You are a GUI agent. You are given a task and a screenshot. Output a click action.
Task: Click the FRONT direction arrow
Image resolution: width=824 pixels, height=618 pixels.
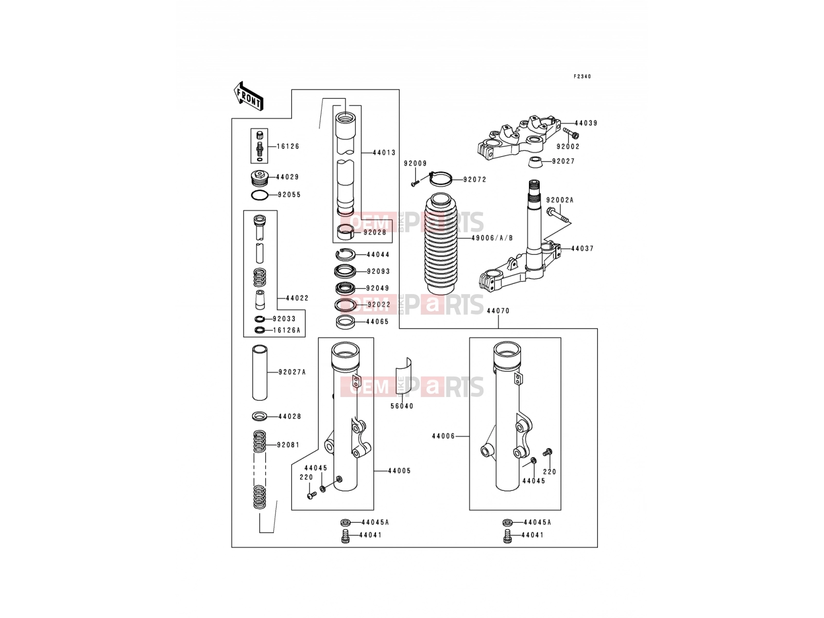click(248, 96)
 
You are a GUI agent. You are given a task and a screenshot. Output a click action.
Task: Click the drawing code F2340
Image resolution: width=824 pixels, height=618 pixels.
click(582, 77)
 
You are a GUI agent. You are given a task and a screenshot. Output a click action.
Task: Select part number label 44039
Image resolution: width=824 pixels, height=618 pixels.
click(586, 123)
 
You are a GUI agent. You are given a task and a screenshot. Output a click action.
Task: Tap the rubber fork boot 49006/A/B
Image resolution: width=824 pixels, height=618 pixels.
click(441, 244)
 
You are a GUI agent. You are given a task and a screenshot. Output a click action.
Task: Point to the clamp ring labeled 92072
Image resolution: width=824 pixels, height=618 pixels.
click(441, 179)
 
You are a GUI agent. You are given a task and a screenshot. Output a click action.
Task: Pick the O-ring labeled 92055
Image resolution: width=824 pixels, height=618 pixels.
click(260, 195)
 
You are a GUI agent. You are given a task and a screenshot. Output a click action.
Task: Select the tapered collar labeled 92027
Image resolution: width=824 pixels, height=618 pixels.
click(535, 161)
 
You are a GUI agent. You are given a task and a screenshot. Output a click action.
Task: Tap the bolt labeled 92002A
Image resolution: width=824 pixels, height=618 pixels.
click(558, 215)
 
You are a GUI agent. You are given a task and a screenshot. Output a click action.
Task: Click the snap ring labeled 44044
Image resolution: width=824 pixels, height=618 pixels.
click(346, 255)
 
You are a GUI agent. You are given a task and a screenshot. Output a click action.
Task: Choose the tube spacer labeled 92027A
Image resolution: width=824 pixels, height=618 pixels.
click(260, 372)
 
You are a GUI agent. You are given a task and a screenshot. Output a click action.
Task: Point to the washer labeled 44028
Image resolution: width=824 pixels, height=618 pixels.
click(260, 416)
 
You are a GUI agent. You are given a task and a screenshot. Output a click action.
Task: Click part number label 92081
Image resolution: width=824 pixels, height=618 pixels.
click(288, 445)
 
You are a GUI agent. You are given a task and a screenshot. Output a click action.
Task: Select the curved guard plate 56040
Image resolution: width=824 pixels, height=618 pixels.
click(404, 376)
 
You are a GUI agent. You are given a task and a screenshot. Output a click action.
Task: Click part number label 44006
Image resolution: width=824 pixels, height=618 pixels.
click(443, 436)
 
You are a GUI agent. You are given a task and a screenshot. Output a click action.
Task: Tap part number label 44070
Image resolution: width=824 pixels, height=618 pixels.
click(498, 311)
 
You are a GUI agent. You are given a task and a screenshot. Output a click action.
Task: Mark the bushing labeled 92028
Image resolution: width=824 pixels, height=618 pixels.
click(346, 232)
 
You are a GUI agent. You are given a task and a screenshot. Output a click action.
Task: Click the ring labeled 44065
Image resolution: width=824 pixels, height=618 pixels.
click(346, 322)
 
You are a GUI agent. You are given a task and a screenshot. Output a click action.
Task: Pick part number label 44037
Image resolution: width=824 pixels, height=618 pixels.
click(582, 248)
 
